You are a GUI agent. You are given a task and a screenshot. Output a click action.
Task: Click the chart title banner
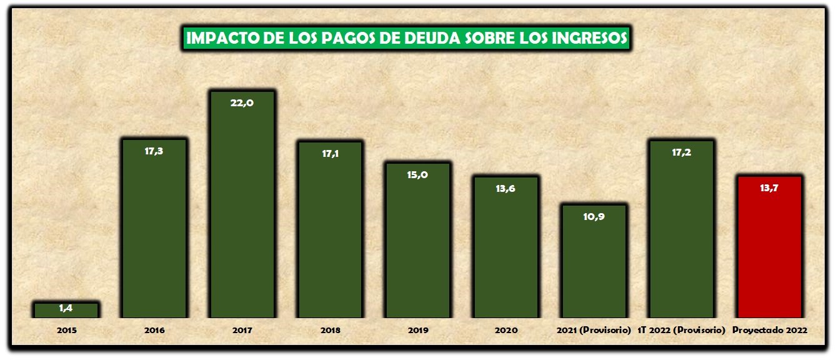pyautogui.click(x=407, y=38)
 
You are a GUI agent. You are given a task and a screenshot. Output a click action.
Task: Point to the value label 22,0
pyautogui.click(x=242, y=103)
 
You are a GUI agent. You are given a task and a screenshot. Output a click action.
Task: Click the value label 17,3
pyautogui.click(x=154, y=151)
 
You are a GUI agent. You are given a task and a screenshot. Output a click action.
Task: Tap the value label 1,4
pyautogui.click(x=66, y=307)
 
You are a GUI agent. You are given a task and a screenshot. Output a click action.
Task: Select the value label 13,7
pyautogui.click(x=769, y=188)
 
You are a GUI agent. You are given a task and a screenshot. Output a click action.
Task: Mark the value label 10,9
pyautogui.click(x=594, y=216)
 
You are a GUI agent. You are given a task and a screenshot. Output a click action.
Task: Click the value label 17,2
pyautogui.click(x=681, y=152)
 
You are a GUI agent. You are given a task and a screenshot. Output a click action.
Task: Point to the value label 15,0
pyautogui.click(x=417, y=175)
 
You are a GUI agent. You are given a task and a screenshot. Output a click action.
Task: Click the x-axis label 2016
pyautogui.click(x=154, y=330)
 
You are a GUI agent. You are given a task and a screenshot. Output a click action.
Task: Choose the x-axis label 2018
pyautogui.click(x=330, y=330)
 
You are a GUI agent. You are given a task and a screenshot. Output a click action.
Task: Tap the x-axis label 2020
pyautogui.click(x=505, y=330)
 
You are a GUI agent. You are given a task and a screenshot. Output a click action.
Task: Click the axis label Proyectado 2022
pyautogui.click(x=770, y=330)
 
